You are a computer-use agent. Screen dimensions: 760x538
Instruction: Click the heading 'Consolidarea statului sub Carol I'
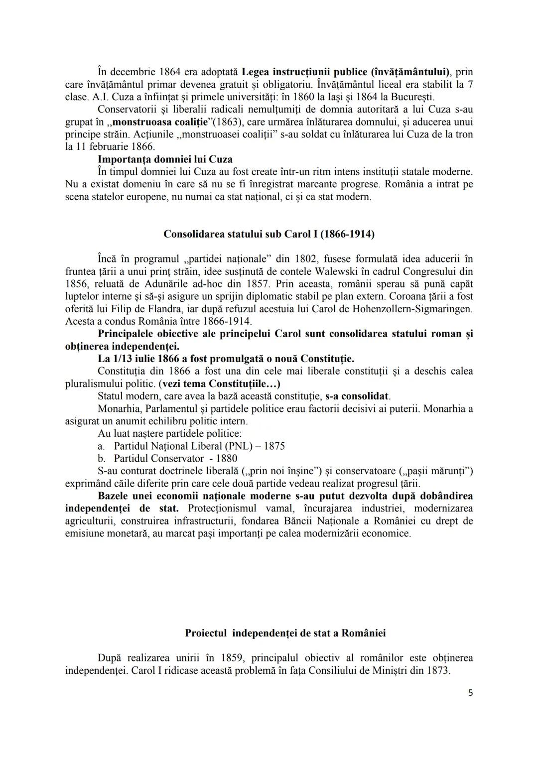coord(269,234)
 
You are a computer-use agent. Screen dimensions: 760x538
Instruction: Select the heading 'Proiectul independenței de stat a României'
coord(285,633)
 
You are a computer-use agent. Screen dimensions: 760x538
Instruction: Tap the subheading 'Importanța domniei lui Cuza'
coord(165,159)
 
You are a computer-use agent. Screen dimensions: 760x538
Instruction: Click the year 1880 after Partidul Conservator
coord(227,458)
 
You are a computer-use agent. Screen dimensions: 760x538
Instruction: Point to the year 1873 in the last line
coord(438,670)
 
